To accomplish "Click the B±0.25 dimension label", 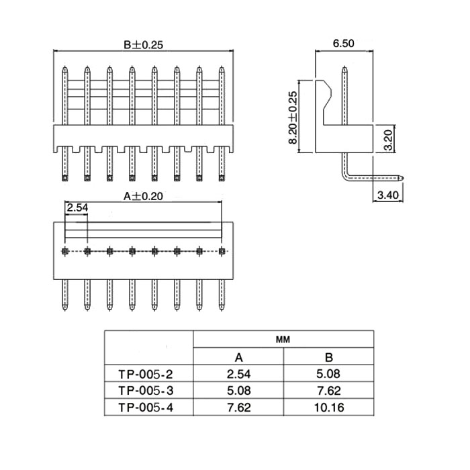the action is (143, 45).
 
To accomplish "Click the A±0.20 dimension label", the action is (143, 196).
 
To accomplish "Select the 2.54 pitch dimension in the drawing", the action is (77, 207).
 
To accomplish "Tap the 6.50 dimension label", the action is (344, 44).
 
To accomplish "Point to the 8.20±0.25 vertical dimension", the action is (293, 117).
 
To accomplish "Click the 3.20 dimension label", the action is (388, 140).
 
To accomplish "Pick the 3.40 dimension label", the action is (388, 195).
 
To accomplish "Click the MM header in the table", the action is (283, 340).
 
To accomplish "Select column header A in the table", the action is (238, 357).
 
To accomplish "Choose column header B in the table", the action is (329, 357).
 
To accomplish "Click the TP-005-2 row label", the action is (146, 375).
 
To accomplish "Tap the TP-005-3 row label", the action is (146, 391).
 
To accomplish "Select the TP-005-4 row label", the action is (146, 408).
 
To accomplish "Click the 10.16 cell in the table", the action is (329, 408).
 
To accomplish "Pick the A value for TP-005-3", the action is (238, 391).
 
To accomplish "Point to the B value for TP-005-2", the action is (329, 374).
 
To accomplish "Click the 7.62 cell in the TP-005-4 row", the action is (238, 408).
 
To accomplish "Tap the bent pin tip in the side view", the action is (402, 178).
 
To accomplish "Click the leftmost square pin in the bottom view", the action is (64, 251).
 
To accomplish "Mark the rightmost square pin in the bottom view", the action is (222, 251).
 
